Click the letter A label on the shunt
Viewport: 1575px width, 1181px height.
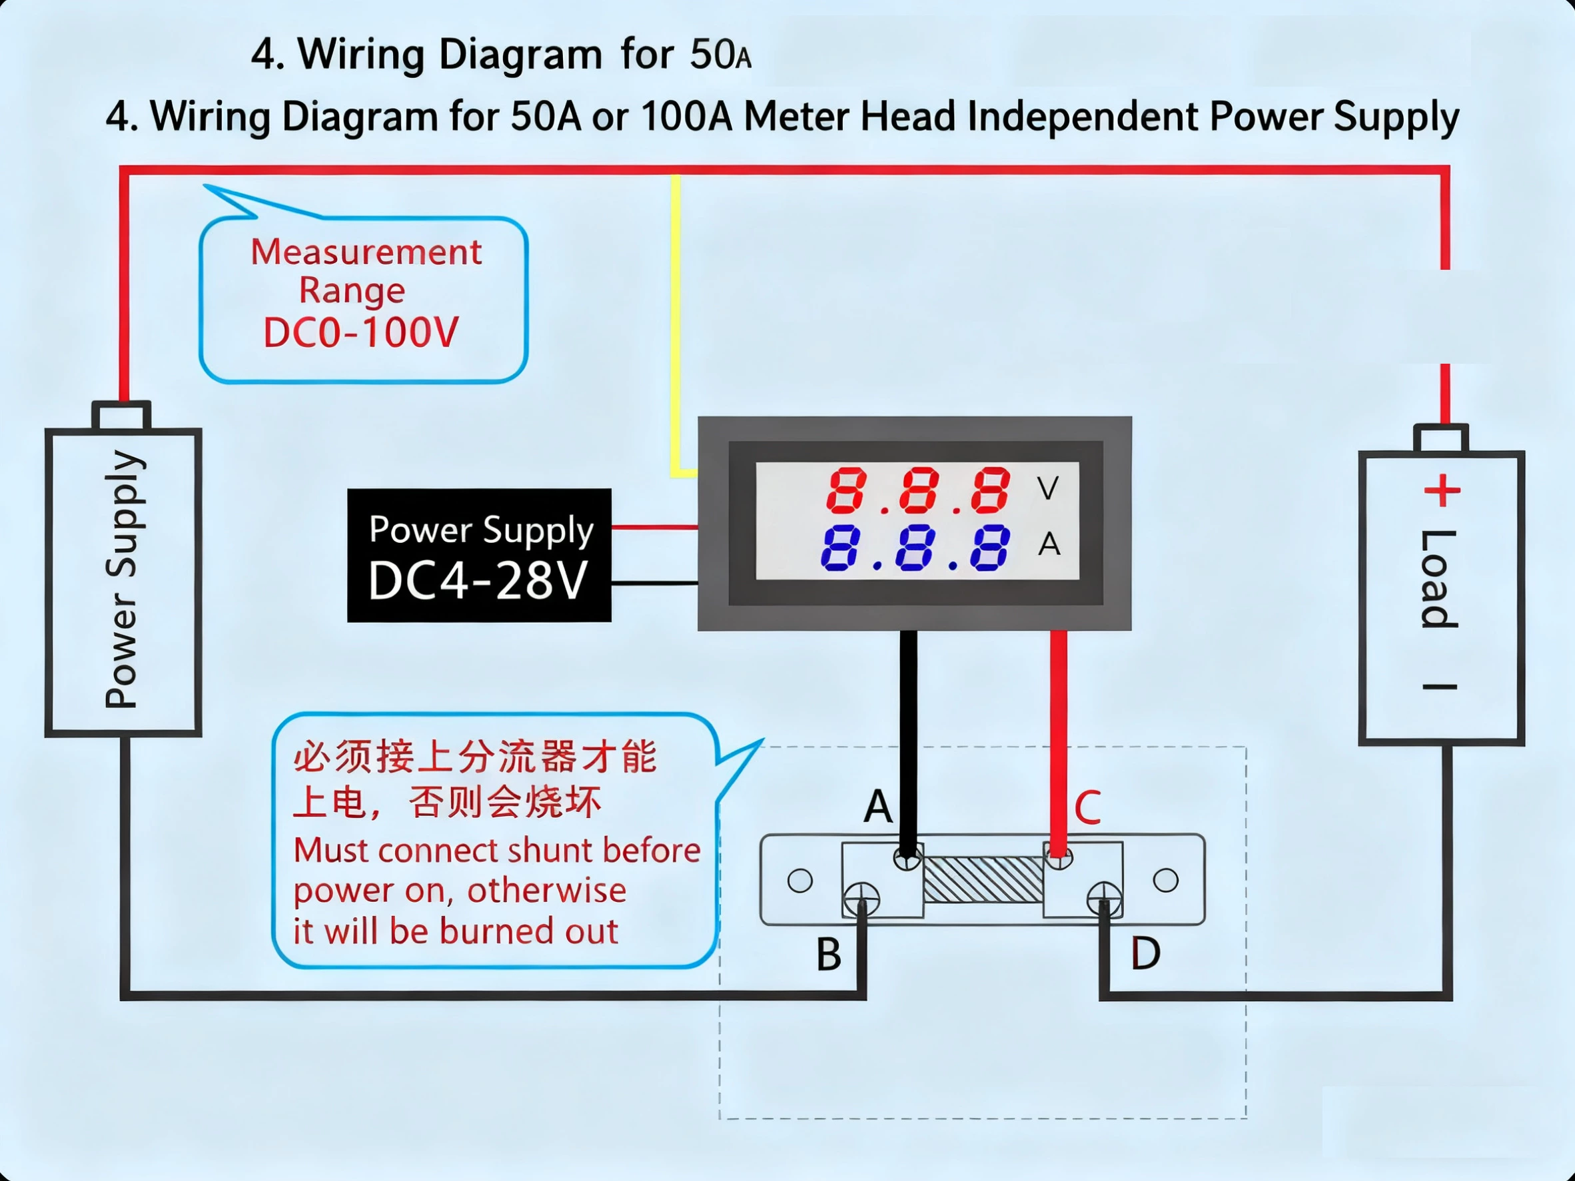pyautogui.click(x=878, y=807)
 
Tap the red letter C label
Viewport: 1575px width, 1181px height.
pyautogui.click(x=1087, y=807)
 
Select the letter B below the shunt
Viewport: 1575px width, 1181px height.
pyautogui.click(x=829, y=954)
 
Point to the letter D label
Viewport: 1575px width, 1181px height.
pyautogui.click(x=1146, y=953)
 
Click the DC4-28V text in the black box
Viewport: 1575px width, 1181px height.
pyautogui.click(x=478, y=580)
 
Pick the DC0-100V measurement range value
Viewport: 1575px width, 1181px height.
pyautogui.click(x=361, y=332)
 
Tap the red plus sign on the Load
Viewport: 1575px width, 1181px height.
pyautogui.click(x=1442, y=490)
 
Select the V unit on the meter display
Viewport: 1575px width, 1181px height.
pyautogui.click(x=1047, y=488)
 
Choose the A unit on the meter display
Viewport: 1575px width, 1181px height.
pyautogui.click(x=1049, y=545)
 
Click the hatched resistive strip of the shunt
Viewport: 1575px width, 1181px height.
pyautogui.click(x=983, y=880)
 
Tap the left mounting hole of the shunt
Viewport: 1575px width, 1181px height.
pyautogui.click(x=799, y=881)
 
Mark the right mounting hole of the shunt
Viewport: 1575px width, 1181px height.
pyautogui.click(x=1165, y=881)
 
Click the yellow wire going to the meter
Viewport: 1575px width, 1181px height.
pyautogui.click(x=674, y=320)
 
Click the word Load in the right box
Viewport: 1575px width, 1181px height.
pyautogui.click(x=1439, y=579)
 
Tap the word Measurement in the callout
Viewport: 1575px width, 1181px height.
pyautogui.click(x=366, y=252)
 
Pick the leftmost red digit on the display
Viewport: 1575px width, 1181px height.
pyautogui.click(x=846, y=490)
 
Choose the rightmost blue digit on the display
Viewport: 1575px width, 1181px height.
pyautogui.click(x=990, y=548)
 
